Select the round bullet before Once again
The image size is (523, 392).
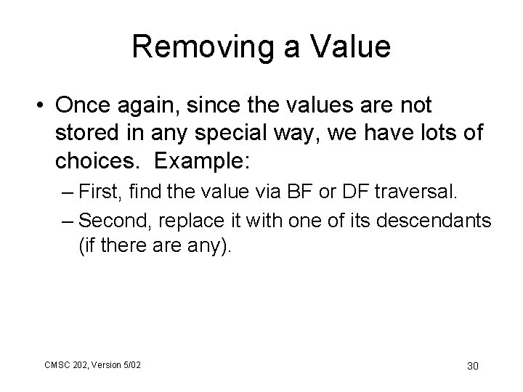coord(36,107)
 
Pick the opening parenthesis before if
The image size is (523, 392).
coord(81,246)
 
